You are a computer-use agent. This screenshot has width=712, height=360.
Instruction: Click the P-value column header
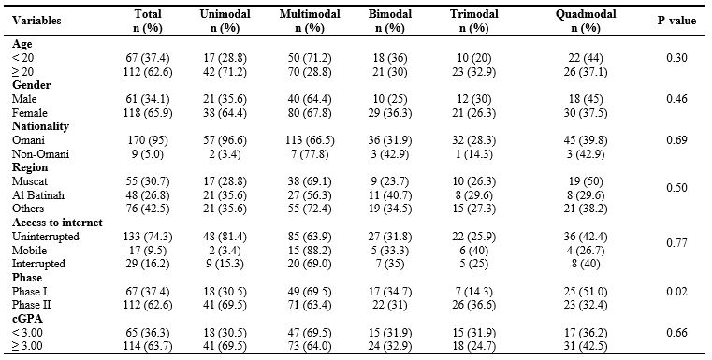pos(676,21)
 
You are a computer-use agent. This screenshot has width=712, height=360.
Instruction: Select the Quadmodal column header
pos(586,21)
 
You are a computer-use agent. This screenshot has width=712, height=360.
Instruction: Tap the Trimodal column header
pos(474,21)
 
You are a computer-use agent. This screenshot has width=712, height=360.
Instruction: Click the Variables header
pos(36,21)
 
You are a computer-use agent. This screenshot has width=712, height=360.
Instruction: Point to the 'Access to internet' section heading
pos(57,223)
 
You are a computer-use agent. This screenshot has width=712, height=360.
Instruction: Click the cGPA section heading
pos(25,319)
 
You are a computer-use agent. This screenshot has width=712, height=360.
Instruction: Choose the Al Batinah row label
pos(38,194)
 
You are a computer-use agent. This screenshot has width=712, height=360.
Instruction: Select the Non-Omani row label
pos(40,154)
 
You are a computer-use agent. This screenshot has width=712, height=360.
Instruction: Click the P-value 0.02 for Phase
pos(676,291)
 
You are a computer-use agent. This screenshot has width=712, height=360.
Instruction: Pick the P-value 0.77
pos(676,243)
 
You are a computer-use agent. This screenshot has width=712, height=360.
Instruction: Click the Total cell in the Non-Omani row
pos(148,154)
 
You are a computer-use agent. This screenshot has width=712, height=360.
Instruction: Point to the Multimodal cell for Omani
pos(310,140)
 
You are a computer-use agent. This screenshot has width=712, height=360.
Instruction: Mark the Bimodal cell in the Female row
pos(390,112)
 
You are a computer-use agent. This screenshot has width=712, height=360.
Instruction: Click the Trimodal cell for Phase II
pos(474,304)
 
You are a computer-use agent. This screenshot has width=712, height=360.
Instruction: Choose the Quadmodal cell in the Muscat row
pos(586,181)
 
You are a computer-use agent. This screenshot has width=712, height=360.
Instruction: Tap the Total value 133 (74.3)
pos(148,236)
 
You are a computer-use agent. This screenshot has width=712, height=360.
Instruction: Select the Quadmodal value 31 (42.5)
pos(586,345)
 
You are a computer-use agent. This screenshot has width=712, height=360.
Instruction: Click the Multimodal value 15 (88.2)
pos(310,251)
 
